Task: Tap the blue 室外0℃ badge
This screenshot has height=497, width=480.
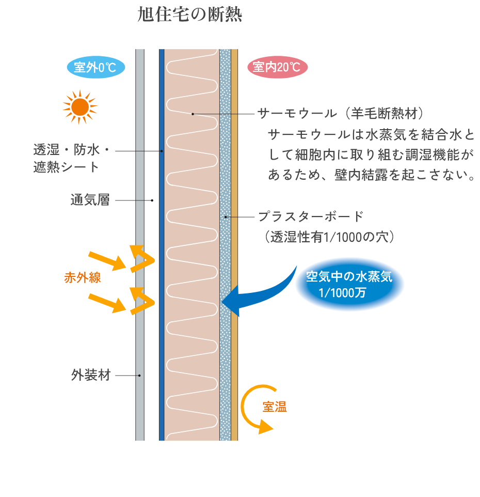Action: point(96,68)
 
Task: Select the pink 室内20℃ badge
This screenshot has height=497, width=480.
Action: point(277,68)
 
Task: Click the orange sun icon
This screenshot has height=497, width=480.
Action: point(79,107)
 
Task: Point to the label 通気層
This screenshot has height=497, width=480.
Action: point(90,200)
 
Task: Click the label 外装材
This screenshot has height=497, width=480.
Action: point(91,375)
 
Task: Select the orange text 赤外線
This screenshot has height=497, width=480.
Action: point(83,277)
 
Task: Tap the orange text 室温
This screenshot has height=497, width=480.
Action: point(275,407)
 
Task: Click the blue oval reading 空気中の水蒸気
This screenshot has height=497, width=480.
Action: point(349,284)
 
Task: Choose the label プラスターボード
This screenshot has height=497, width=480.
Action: point(311,216)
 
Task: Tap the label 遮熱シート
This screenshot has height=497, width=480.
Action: point(66,167)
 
